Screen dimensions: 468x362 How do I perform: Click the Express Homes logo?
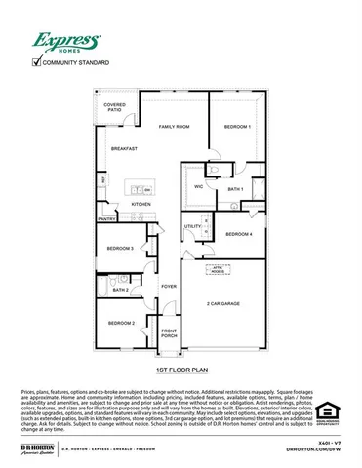67,42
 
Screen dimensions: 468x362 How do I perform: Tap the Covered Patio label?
116,107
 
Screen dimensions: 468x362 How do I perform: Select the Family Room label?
174,127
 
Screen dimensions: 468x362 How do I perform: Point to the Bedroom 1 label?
237,127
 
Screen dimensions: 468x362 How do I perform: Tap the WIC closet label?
199,185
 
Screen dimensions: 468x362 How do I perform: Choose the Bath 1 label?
235,189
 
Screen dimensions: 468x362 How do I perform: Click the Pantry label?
107,219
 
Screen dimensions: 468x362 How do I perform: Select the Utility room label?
192,226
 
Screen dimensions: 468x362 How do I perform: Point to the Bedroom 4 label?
239,234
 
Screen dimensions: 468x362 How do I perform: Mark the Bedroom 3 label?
120,249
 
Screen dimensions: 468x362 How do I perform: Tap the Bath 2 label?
121,290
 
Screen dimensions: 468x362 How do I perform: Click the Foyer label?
169,287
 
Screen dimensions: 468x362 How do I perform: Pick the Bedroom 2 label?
120,323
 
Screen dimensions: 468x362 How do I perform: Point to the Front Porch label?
169,333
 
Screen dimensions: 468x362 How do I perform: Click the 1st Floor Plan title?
181,371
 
